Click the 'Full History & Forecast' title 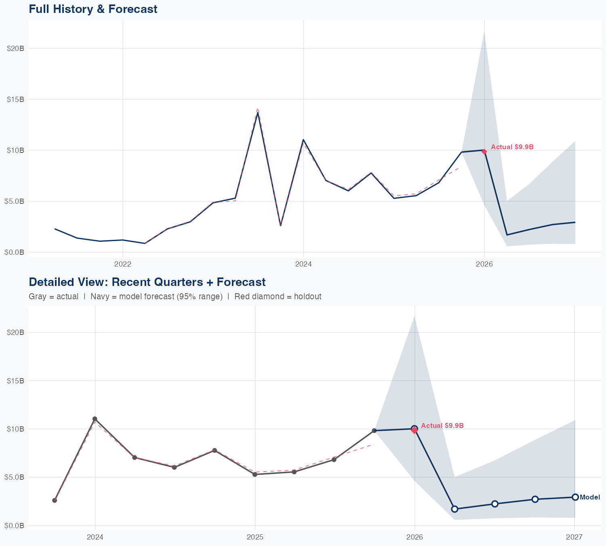click(x=93, y=9)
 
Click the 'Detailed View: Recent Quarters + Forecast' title click(x=147, y=282)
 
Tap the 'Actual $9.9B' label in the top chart click(x=512, y=147)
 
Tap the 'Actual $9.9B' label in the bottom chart click(x=442, y=426)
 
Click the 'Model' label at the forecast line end click(x=590, y=497)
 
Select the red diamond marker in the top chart click(x=484, y=151)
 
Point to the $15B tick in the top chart click(x=16, y=99)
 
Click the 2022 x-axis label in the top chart click(x=123, y=264)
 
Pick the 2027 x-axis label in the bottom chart click(x=574, y=537)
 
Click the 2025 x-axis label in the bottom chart click(x=255, y=537)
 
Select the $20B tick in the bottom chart click(x=16, y=332)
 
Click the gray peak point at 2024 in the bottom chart click(x=95, y=419)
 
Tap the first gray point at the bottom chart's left click(x=55, y=500)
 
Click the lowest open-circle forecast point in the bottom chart click(x=455, y=509)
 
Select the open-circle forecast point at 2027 click(x=575, y=497)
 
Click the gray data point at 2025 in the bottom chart click(x=255, y=474)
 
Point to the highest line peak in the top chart click(x=258, y=113)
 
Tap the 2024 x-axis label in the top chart click(x=303, y=264)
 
